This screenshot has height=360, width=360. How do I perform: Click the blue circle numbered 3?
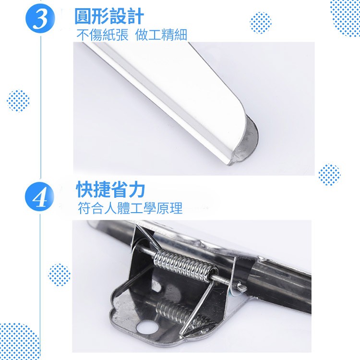(40, 18)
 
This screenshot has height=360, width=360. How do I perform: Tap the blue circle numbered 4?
(40, 197)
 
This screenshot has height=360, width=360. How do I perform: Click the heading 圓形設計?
(109, 16)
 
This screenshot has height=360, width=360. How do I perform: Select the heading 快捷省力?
(110, 190)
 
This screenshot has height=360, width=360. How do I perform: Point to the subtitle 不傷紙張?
(102, 35)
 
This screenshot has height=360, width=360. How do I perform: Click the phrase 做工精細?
(161, 35)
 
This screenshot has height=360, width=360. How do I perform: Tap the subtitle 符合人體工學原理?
(130, 208)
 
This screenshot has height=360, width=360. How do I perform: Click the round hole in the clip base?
(147, 327)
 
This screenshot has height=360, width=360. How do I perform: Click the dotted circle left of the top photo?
(18, 101)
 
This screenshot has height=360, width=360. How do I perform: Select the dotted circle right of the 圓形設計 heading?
(261, 23)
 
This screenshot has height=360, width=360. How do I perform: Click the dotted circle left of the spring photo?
(59, 275)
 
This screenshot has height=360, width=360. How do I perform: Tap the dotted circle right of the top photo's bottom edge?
(329, 175)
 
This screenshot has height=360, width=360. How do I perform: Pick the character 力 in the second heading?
(137, 190)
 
